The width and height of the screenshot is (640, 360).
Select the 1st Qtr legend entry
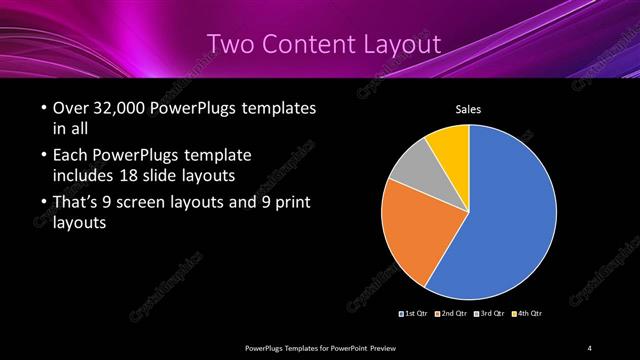coord(415,313)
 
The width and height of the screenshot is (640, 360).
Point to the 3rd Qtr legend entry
coord(490,313)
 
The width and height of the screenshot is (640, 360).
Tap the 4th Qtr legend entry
coord(527,313)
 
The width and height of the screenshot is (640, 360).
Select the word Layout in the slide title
coord(395,44)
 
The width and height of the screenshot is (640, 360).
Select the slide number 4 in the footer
coord(590,347)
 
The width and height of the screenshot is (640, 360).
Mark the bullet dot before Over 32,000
coord(42,109)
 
